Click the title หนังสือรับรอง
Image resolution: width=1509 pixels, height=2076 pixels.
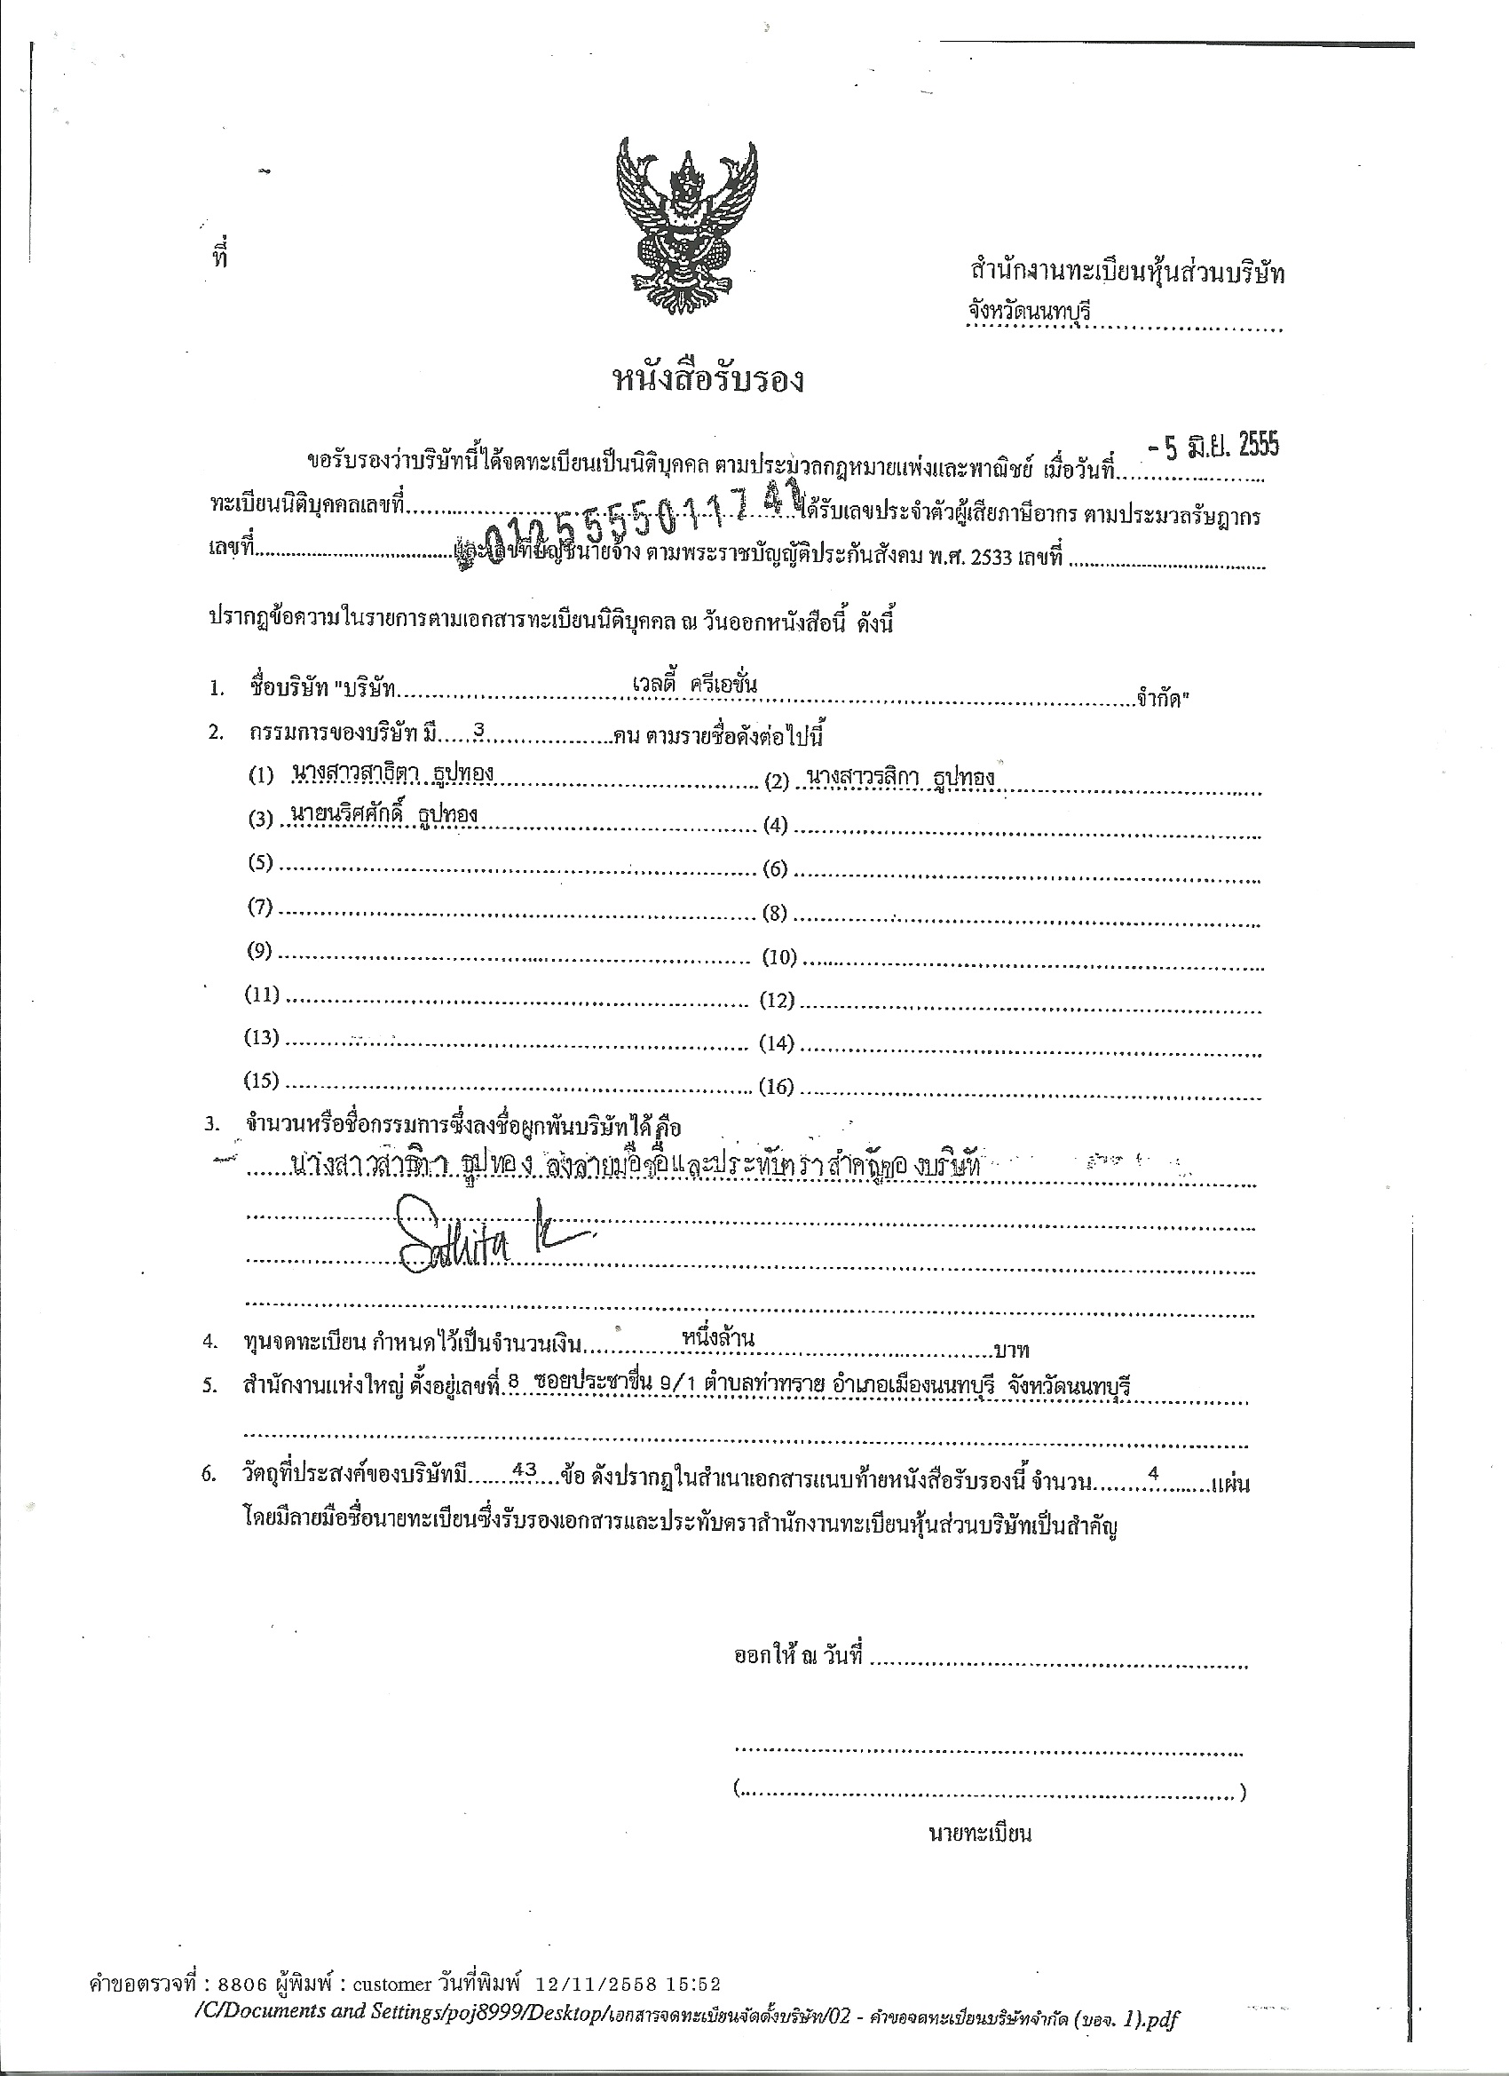(707, 379)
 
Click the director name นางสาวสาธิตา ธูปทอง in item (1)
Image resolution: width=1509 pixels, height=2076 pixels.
(393, 773)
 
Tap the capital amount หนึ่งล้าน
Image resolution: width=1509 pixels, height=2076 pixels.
(717, 1338)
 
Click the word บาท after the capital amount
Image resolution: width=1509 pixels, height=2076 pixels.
(1010, 1351)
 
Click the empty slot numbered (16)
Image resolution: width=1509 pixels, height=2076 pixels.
(1025, 1088)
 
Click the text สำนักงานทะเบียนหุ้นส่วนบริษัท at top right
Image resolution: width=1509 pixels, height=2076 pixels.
(1127, 272)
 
